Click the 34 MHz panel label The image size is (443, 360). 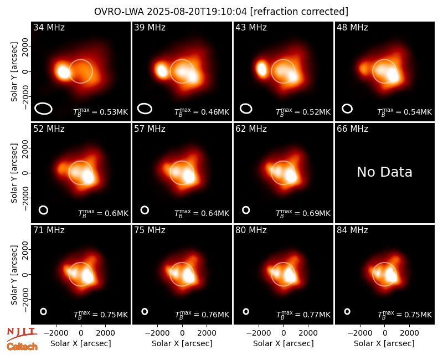49,27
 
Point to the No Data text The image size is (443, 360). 384,172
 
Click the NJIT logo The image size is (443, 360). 22,334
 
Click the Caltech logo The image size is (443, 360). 22,347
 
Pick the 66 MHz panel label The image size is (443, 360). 352,129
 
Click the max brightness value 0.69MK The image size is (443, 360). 316,213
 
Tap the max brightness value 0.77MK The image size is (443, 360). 316,315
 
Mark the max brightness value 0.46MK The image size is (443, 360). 215,112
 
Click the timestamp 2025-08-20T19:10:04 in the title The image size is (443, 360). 197,12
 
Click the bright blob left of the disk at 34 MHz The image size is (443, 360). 63,71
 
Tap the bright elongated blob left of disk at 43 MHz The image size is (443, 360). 261,69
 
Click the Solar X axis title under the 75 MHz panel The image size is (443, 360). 182,343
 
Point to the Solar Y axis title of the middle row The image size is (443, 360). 14,173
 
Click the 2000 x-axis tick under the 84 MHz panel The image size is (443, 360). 409,333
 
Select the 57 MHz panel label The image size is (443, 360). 150,129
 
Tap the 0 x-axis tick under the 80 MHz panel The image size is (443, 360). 284,333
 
